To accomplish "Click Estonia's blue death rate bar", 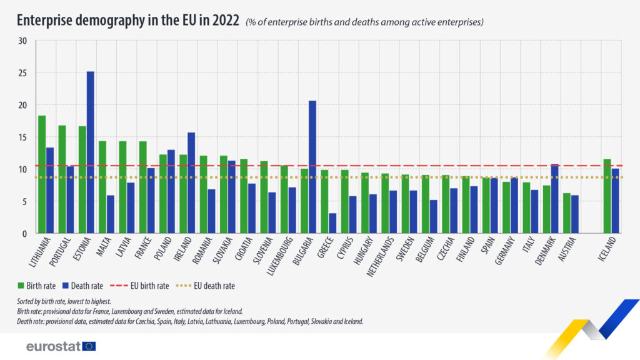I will click(91, 152).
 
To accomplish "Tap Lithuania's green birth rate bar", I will click(42, 174).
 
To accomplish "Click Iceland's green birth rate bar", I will click(607, 196).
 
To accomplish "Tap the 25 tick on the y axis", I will click(23, 73).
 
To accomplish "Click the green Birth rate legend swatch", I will click(21, 286).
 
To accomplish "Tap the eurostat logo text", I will click(52, 346).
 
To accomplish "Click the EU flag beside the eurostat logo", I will click(89, 346).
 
